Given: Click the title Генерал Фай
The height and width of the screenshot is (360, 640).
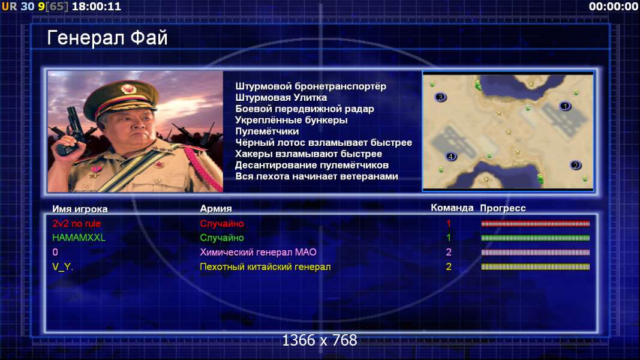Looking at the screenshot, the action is click(107, 38).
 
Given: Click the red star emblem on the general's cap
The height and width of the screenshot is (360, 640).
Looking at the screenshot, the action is click(128, 89).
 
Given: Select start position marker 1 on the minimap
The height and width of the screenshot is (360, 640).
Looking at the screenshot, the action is click(565, 106).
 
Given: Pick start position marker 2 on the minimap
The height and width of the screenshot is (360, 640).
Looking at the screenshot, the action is click(575, 166).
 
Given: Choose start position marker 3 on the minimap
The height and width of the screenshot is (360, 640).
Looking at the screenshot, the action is click(440, 97).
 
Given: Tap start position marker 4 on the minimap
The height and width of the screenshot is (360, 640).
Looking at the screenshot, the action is click(450, 157).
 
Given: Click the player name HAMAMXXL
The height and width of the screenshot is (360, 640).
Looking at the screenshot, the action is click(79, 238).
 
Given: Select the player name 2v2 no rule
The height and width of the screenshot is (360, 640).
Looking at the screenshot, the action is click(77, 224).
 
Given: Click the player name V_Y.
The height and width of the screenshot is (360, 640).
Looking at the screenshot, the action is click(62, 267).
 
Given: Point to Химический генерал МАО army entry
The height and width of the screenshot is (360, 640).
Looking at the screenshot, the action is click(258, 252).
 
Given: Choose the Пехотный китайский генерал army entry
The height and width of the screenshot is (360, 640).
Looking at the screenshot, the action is click(265, 267).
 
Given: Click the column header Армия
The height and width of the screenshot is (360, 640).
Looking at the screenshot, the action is click(216, 209).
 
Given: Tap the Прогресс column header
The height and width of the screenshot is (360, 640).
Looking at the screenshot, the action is click(503, 208).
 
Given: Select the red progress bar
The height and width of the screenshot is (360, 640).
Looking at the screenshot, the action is click(536, 224).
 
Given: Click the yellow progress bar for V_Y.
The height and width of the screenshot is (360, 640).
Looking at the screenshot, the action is click(536, 267).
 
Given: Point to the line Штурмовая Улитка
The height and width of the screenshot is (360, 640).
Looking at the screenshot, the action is click(281, 98).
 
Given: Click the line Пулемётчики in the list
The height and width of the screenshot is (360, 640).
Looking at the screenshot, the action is click(267, 131).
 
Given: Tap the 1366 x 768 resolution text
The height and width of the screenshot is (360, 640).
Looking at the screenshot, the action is click(320, 340).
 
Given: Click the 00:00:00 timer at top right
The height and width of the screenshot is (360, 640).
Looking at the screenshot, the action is click(614, 7).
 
